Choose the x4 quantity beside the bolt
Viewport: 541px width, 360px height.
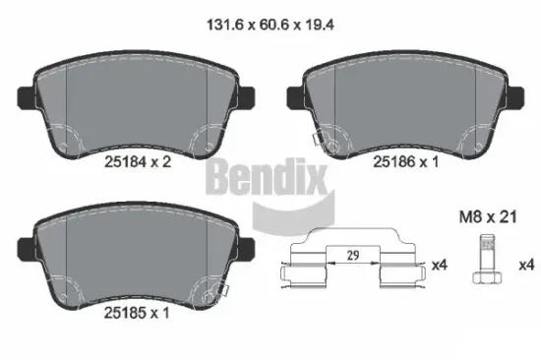tap(525, 264)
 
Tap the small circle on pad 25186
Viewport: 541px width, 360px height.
tap(333, 144)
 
